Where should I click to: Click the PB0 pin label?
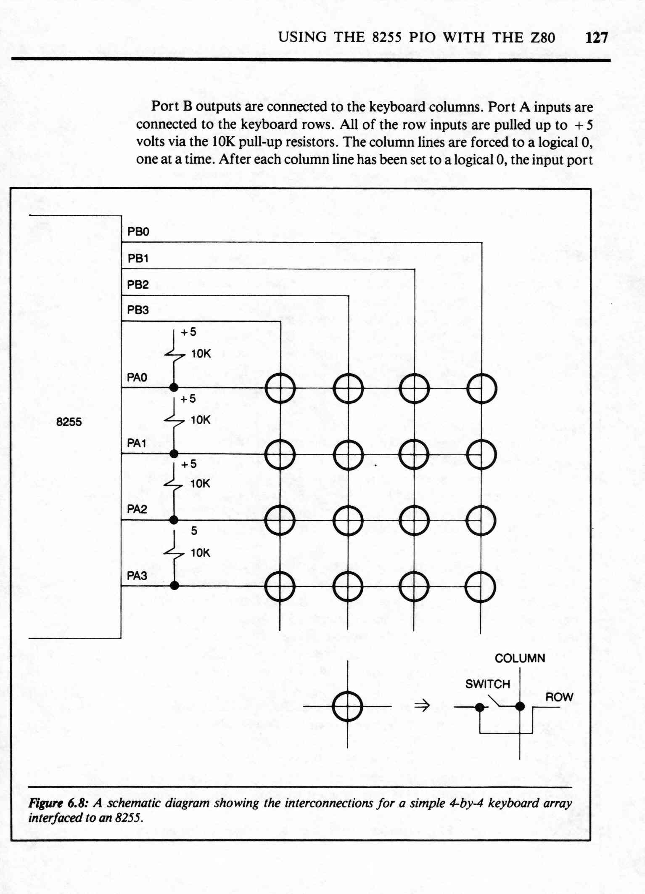point(138,232)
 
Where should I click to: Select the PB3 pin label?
point(138,310)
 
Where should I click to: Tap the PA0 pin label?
point(137,377)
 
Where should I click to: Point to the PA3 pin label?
point(137,576)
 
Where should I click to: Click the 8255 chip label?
point(69,422)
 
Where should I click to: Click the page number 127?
point(597,38)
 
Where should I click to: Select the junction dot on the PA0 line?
point(174,387)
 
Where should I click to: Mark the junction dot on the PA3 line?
point(174,585)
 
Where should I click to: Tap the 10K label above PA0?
point(201,354)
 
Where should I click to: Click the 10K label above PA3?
point(200,553)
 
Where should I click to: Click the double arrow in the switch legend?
point(422,706)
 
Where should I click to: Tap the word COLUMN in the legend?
point(520,658)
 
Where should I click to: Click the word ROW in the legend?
point(559,698)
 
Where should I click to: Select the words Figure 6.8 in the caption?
point(58,803)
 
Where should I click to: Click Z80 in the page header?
point(542,38)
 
